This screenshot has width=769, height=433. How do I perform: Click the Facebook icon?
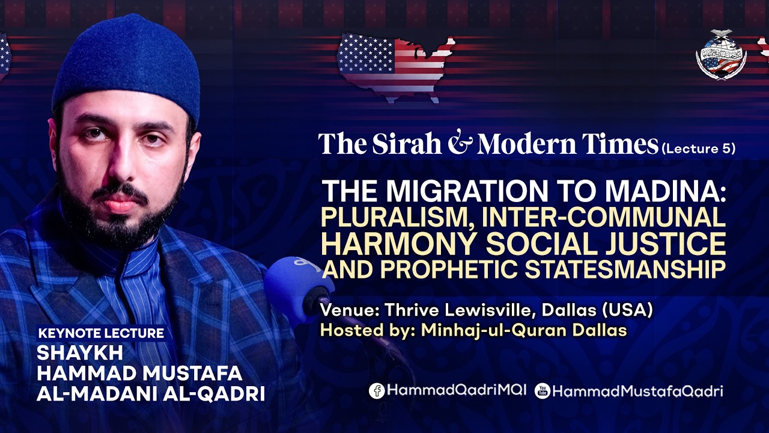(x=377, y=391)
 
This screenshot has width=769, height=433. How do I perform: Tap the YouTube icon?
(x=543, y=391)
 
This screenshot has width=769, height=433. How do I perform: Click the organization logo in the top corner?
(x=721, y=55)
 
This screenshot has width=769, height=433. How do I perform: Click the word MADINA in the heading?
(x=662, y=191)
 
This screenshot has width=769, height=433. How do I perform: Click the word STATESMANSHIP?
(x=625, y=269)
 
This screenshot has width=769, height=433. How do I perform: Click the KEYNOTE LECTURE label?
(x=101, y=333)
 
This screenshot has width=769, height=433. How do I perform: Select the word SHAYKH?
(x=80, y=353)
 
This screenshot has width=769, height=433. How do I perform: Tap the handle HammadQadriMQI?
(x=457, y=390)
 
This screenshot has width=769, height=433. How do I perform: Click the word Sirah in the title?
(x=407, y=143)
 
